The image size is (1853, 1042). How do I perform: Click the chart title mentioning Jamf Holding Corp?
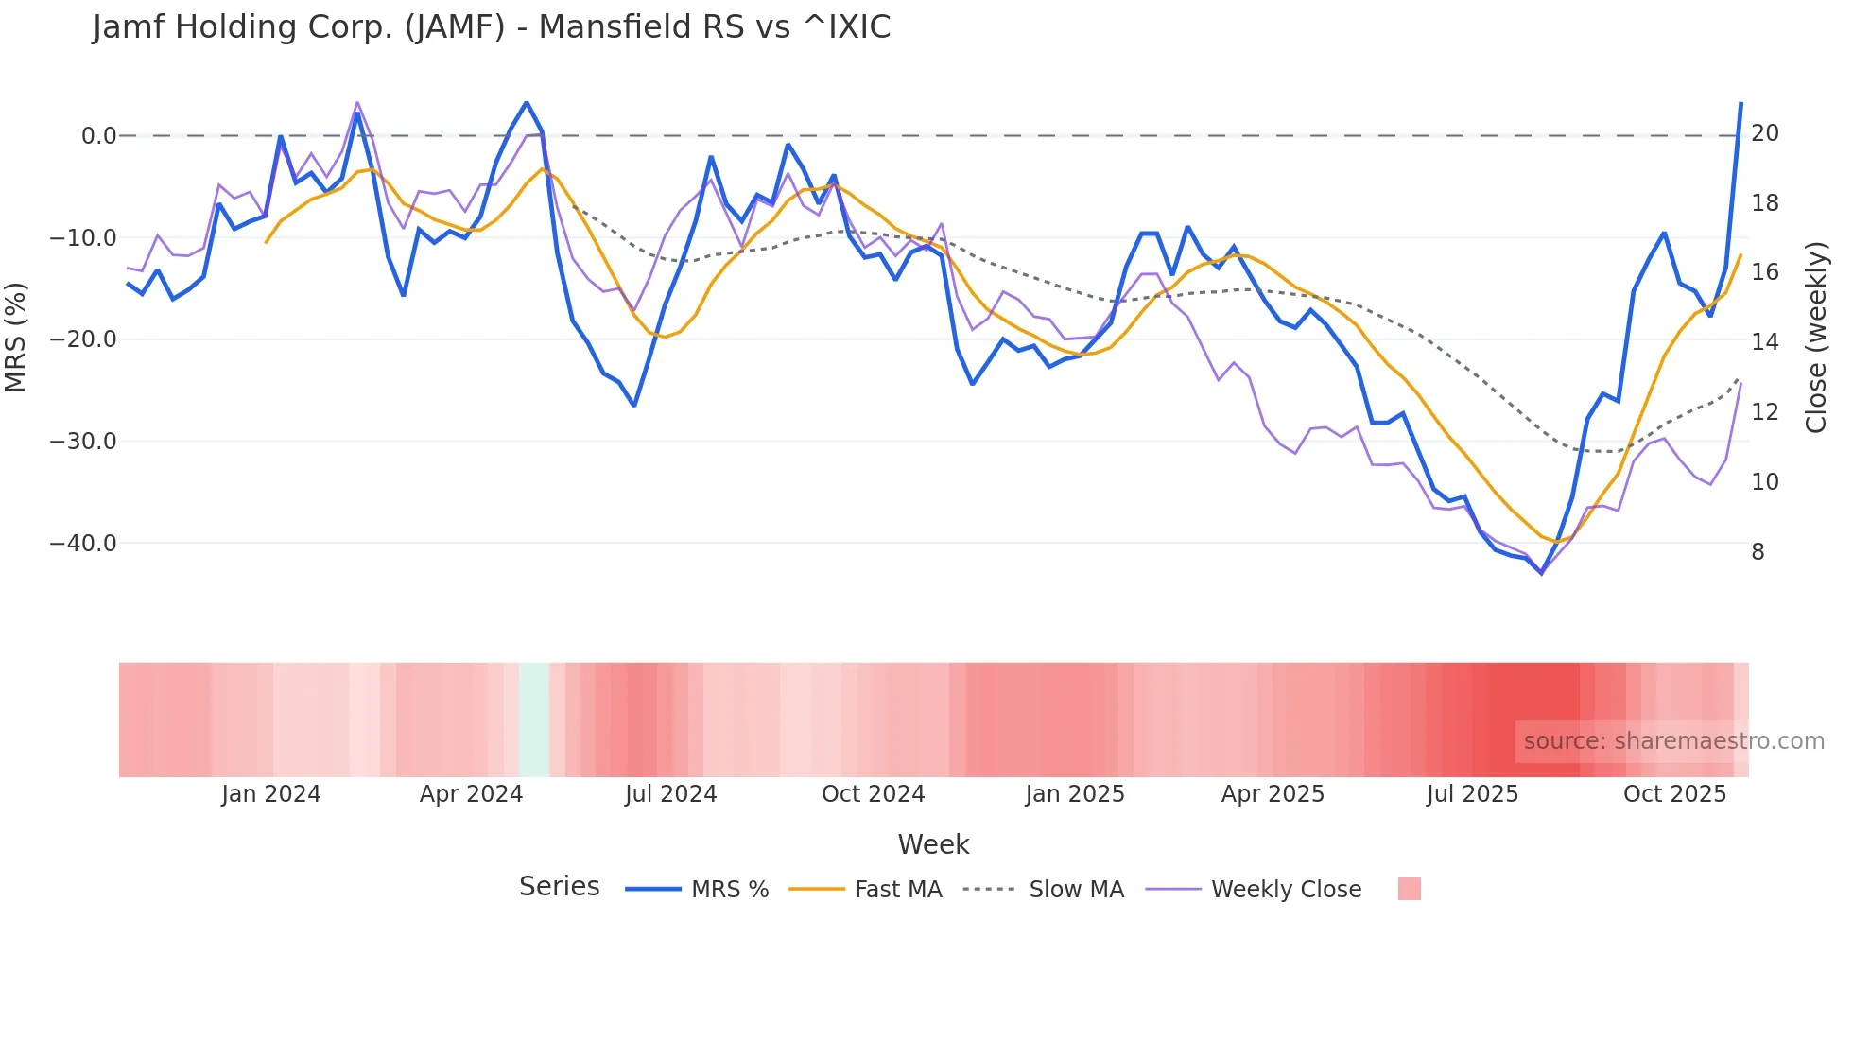[x=492, y=27]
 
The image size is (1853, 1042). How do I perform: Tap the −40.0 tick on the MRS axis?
[x=83, y=544]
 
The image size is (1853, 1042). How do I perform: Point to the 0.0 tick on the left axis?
[x=98, y=136]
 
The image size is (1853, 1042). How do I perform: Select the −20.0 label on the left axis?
[x=83, y=339]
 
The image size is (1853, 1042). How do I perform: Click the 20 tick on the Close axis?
[x=1764, y=133]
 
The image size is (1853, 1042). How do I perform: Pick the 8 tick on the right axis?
[x=1758, y=552]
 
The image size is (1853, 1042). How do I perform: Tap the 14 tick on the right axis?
[x=1764, y=342]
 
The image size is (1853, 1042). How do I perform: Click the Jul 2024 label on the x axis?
[x=670, y=794]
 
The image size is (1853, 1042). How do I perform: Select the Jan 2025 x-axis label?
[x=1074, y=794]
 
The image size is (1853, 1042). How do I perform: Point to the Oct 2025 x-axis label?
[x=1674, y=794]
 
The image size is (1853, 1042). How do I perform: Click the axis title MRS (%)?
[x=16, y=338]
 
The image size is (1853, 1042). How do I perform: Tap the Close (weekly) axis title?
[x=1816, y=338]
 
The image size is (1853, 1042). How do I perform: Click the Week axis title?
[x=933, y=844]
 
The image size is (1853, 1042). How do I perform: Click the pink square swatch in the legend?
[x=1409, y=889]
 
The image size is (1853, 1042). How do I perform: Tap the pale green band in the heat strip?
[x=533, y=720]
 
